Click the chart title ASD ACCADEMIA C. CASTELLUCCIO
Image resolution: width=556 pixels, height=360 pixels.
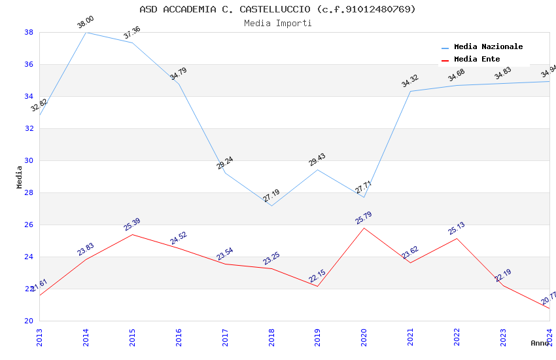click(x=277, y=9)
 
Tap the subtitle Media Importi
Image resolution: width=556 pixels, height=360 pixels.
click(x=277, y=24)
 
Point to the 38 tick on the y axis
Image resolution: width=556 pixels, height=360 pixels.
click(x=29, y=32)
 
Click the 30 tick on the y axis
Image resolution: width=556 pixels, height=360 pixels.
click(x=29, y=160)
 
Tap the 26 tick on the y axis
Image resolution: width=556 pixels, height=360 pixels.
click(x=29, y=225)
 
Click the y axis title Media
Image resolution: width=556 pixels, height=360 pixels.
click(x=20, y=177)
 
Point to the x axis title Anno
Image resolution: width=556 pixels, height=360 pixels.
click(x=540, y=343)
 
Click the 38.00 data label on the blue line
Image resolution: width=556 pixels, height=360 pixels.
click(x=86, y=23)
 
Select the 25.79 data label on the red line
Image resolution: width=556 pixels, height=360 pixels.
click(x=364, y=218)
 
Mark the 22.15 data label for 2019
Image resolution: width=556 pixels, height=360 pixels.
click(x=317, y=276)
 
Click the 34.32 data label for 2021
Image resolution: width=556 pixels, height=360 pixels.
click(x=410, y=81)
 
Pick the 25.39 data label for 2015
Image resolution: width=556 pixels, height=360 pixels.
click(x=132, y=225)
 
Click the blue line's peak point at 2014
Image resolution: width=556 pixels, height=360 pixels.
click(x=86, y=32)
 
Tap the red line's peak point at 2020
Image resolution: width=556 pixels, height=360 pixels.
click(x=364, y=228)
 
